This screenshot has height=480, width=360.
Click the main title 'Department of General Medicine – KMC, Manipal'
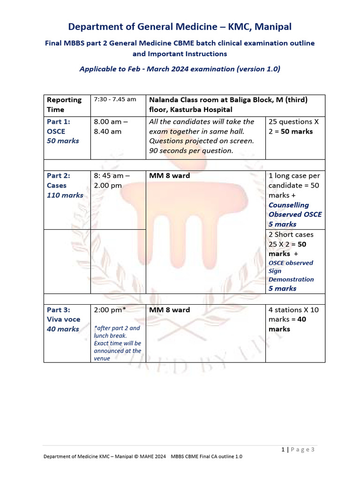click(x=180, y=27)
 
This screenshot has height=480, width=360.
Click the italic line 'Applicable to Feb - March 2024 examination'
click(x=180, y=69)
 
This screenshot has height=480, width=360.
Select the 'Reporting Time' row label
click(x=64, y=105)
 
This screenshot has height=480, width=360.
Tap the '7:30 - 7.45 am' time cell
click(x=115, y=99)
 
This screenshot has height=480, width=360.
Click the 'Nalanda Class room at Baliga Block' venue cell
click(x=230, y=105)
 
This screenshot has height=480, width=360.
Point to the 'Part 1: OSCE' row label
click(x=62, y=131)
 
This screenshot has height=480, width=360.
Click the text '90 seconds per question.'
click(x=191, y=150)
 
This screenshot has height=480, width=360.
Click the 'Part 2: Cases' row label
click(x=64, y=185)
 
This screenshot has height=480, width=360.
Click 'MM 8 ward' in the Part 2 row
click(x=169, y=176)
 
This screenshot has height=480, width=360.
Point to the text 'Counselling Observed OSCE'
click(x=295, y=210)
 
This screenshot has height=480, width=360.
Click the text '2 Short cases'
click(x=291, y=234)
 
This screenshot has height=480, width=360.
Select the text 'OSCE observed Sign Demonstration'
click(x=291, y=271)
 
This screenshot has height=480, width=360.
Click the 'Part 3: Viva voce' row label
click(x=63, y=319)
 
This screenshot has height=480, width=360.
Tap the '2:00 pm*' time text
click(x=110, y=310)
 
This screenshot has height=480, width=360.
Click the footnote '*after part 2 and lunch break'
click(x=117, y=332)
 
